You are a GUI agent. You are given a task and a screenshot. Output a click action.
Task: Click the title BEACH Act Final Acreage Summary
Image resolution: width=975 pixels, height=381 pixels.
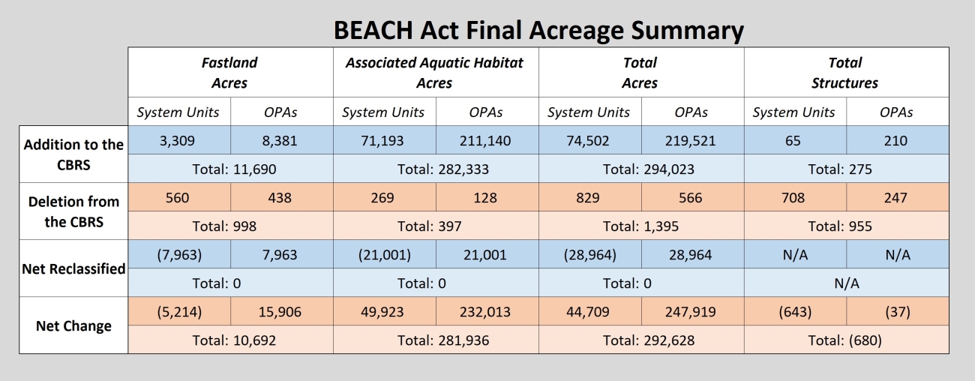coord(538,30)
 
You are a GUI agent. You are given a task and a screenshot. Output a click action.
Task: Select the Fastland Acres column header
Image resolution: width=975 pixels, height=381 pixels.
coord(229,73)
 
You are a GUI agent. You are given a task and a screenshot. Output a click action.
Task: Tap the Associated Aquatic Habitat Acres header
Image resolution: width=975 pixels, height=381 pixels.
coord(434,73)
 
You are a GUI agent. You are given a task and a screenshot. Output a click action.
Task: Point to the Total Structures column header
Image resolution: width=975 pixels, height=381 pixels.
coord(844,73)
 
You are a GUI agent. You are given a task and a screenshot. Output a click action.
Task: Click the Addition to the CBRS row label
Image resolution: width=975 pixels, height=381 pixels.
coord(73,154)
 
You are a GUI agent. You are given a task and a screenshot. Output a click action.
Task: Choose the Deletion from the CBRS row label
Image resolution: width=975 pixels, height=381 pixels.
coord(73,212)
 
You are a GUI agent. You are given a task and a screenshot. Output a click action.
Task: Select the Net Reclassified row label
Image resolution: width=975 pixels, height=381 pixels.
coord(73,268)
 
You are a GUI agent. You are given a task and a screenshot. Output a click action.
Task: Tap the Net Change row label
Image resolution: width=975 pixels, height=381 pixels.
coord(73,325)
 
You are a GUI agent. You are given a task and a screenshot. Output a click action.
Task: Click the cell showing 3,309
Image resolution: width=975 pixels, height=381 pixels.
coord(178,140)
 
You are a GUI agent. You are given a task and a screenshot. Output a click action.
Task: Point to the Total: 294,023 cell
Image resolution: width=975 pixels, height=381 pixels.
coord(640,169)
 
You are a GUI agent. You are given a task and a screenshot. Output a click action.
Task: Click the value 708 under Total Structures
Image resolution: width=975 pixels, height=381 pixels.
coord(793,198)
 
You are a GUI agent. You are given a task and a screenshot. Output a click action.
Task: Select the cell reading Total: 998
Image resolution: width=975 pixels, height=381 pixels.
coord(229,226)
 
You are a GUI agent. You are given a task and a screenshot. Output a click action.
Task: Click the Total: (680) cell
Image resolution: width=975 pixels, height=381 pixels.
coord(844,340)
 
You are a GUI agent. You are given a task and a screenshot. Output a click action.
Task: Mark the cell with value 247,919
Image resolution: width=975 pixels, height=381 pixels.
coord(691,312)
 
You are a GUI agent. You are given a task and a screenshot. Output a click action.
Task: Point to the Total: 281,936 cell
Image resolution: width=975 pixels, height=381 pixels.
coord(434,340)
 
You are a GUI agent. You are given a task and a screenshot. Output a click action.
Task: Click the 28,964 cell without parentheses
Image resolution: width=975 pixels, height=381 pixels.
coord(691,255)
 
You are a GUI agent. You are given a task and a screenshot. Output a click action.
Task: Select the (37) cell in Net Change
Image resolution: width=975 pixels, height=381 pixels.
coord(896,312)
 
